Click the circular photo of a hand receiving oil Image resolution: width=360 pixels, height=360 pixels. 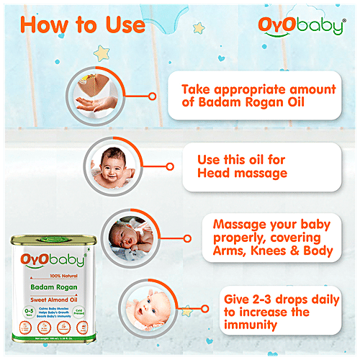[x=98, y=95]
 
